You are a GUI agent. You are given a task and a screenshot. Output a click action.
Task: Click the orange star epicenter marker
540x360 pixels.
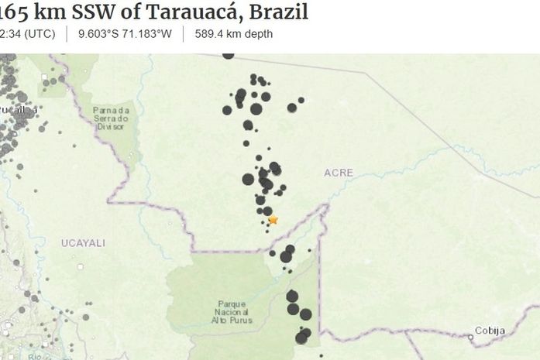pos(273,220)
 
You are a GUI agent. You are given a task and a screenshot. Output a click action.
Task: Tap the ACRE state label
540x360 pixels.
pos(339,173)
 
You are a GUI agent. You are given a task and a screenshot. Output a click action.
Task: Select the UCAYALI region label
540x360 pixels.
pos(83,243)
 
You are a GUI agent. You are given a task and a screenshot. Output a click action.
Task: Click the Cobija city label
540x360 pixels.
pos(490,331)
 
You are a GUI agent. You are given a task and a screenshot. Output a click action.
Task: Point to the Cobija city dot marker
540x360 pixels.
pos(470,337)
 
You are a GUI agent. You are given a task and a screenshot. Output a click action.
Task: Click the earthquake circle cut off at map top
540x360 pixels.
pos(228,55)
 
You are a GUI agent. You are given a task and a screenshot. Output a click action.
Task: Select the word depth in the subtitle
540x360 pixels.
pos(257,34)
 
